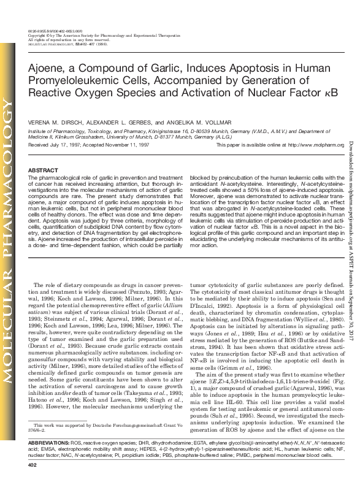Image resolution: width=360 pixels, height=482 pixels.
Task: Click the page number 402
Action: (x=33, y=467)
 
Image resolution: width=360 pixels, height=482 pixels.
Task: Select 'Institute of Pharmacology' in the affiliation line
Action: (x=56, y=131)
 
